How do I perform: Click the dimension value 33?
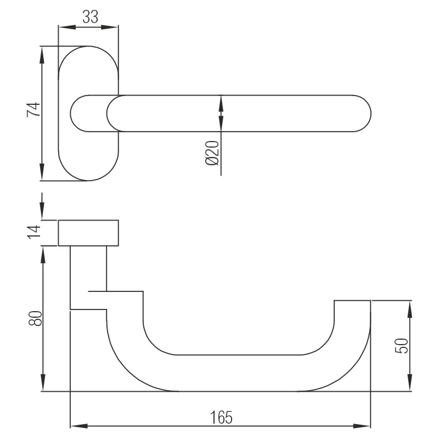coord(90,17)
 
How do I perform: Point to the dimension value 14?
coord(34,232)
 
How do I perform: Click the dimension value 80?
coord(35,318)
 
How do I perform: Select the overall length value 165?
coord(221,417)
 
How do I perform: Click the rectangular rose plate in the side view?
coord(88,233)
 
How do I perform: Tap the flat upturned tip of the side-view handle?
coord(353,302)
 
